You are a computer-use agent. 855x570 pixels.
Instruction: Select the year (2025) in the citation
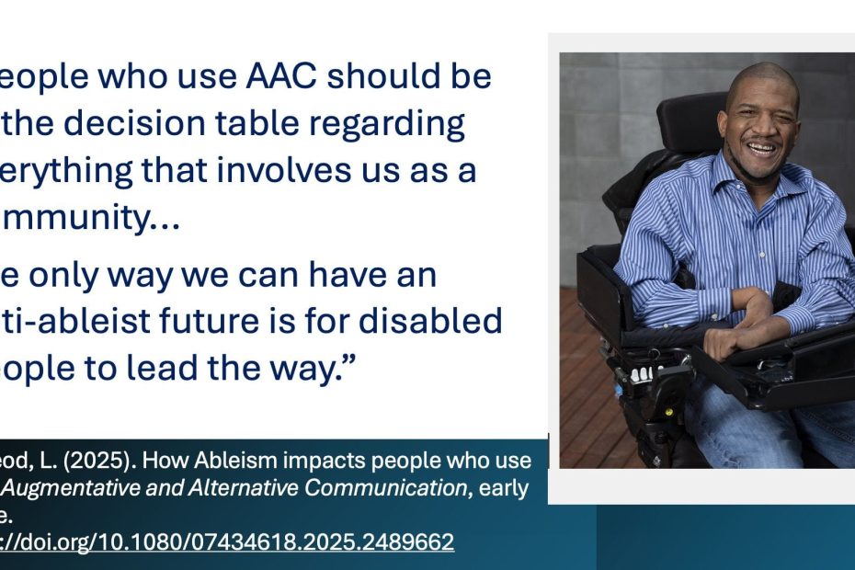pyautogui.click(x=105, y=460)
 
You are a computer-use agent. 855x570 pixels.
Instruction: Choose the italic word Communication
pyautogui.click(x=385, y=487)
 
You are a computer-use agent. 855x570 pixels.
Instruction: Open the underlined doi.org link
pyautogui.click(x=230, y=541)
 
